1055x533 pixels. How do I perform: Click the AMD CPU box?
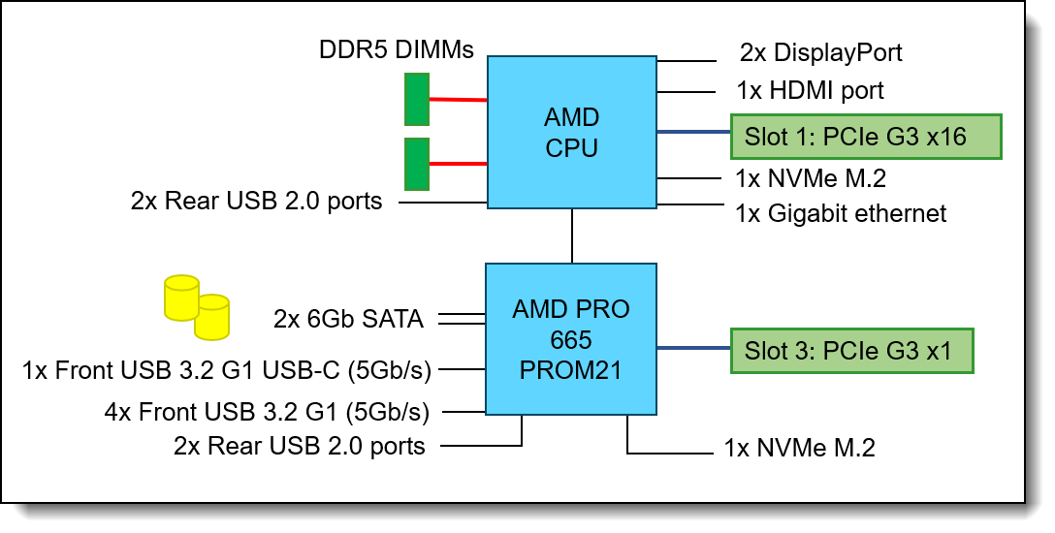coord(572,132)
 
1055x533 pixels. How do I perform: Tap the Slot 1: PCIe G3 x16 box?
coord(865,137)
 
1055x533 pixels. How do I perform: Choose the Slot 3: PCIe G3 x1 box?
coord(851,350)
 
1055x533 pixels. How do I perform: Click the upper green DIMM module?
coord(417,101)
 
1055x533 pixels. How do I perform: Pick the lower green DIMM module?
coord(417,164)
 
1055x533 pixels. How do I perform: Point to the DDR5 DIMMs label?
coord(397,49)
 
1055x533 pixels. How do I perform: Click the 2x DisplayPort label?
coord(820,52)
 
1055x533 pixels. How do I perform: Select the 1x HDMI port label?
coord(810,91)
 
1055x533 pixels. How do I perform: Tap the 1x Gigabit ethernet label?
coord(841,213)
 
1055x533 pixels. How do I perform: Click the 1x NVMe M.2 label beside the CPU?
coord(811,178)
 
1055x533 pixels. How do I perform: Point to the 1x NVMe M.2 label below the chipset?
coord(799,448)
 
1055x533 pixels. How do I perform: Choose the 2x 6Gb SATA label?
coord(348,319)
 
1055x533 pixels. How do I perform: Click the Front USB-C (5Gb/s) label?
coord(227,368)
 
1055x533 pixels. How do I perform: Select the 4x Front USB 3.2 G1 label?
coord(267,412)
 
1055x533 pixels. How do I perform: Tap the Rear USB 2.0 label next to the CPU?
coord(256,202)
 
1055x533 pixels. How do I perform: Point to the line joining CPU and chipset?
coord(572,235)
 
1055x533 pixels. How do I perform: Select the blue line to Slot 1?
coord(693,132)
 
